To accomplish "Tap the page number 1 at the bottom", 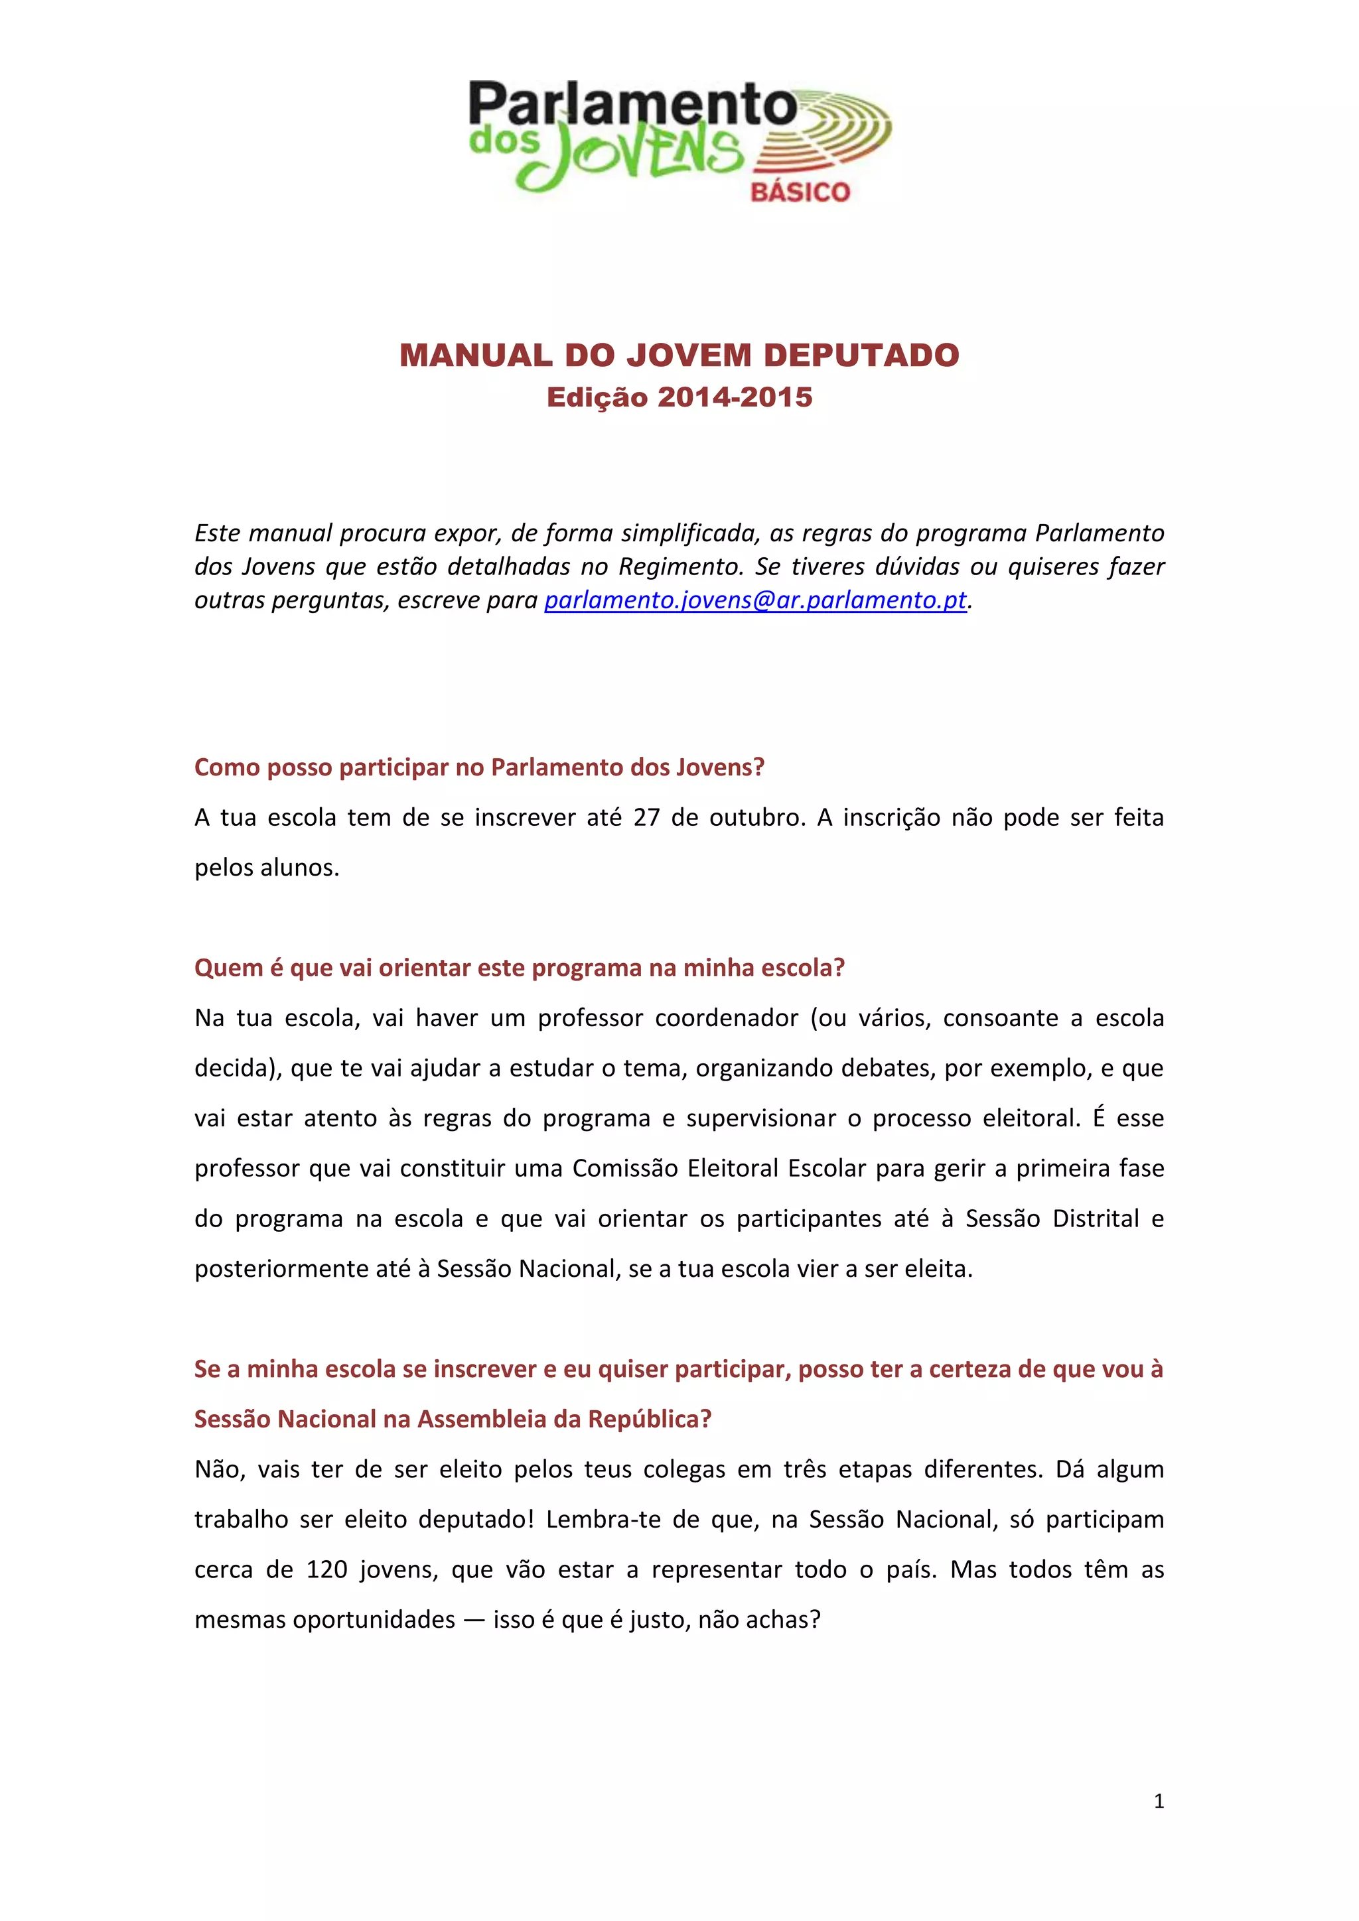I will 1158,1800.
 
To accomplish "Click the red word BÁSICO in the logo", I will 800,192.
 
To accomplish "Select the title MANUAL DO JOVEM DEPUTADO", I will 679,355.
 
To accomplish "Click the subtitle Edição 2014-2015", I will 679,397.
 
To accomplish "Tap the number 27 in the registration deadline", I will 646,817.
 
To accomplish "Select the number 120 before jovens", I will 326,1569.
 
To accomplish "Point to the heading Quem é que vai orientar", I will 519,968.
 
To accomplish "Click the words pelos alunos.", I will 266,868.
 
